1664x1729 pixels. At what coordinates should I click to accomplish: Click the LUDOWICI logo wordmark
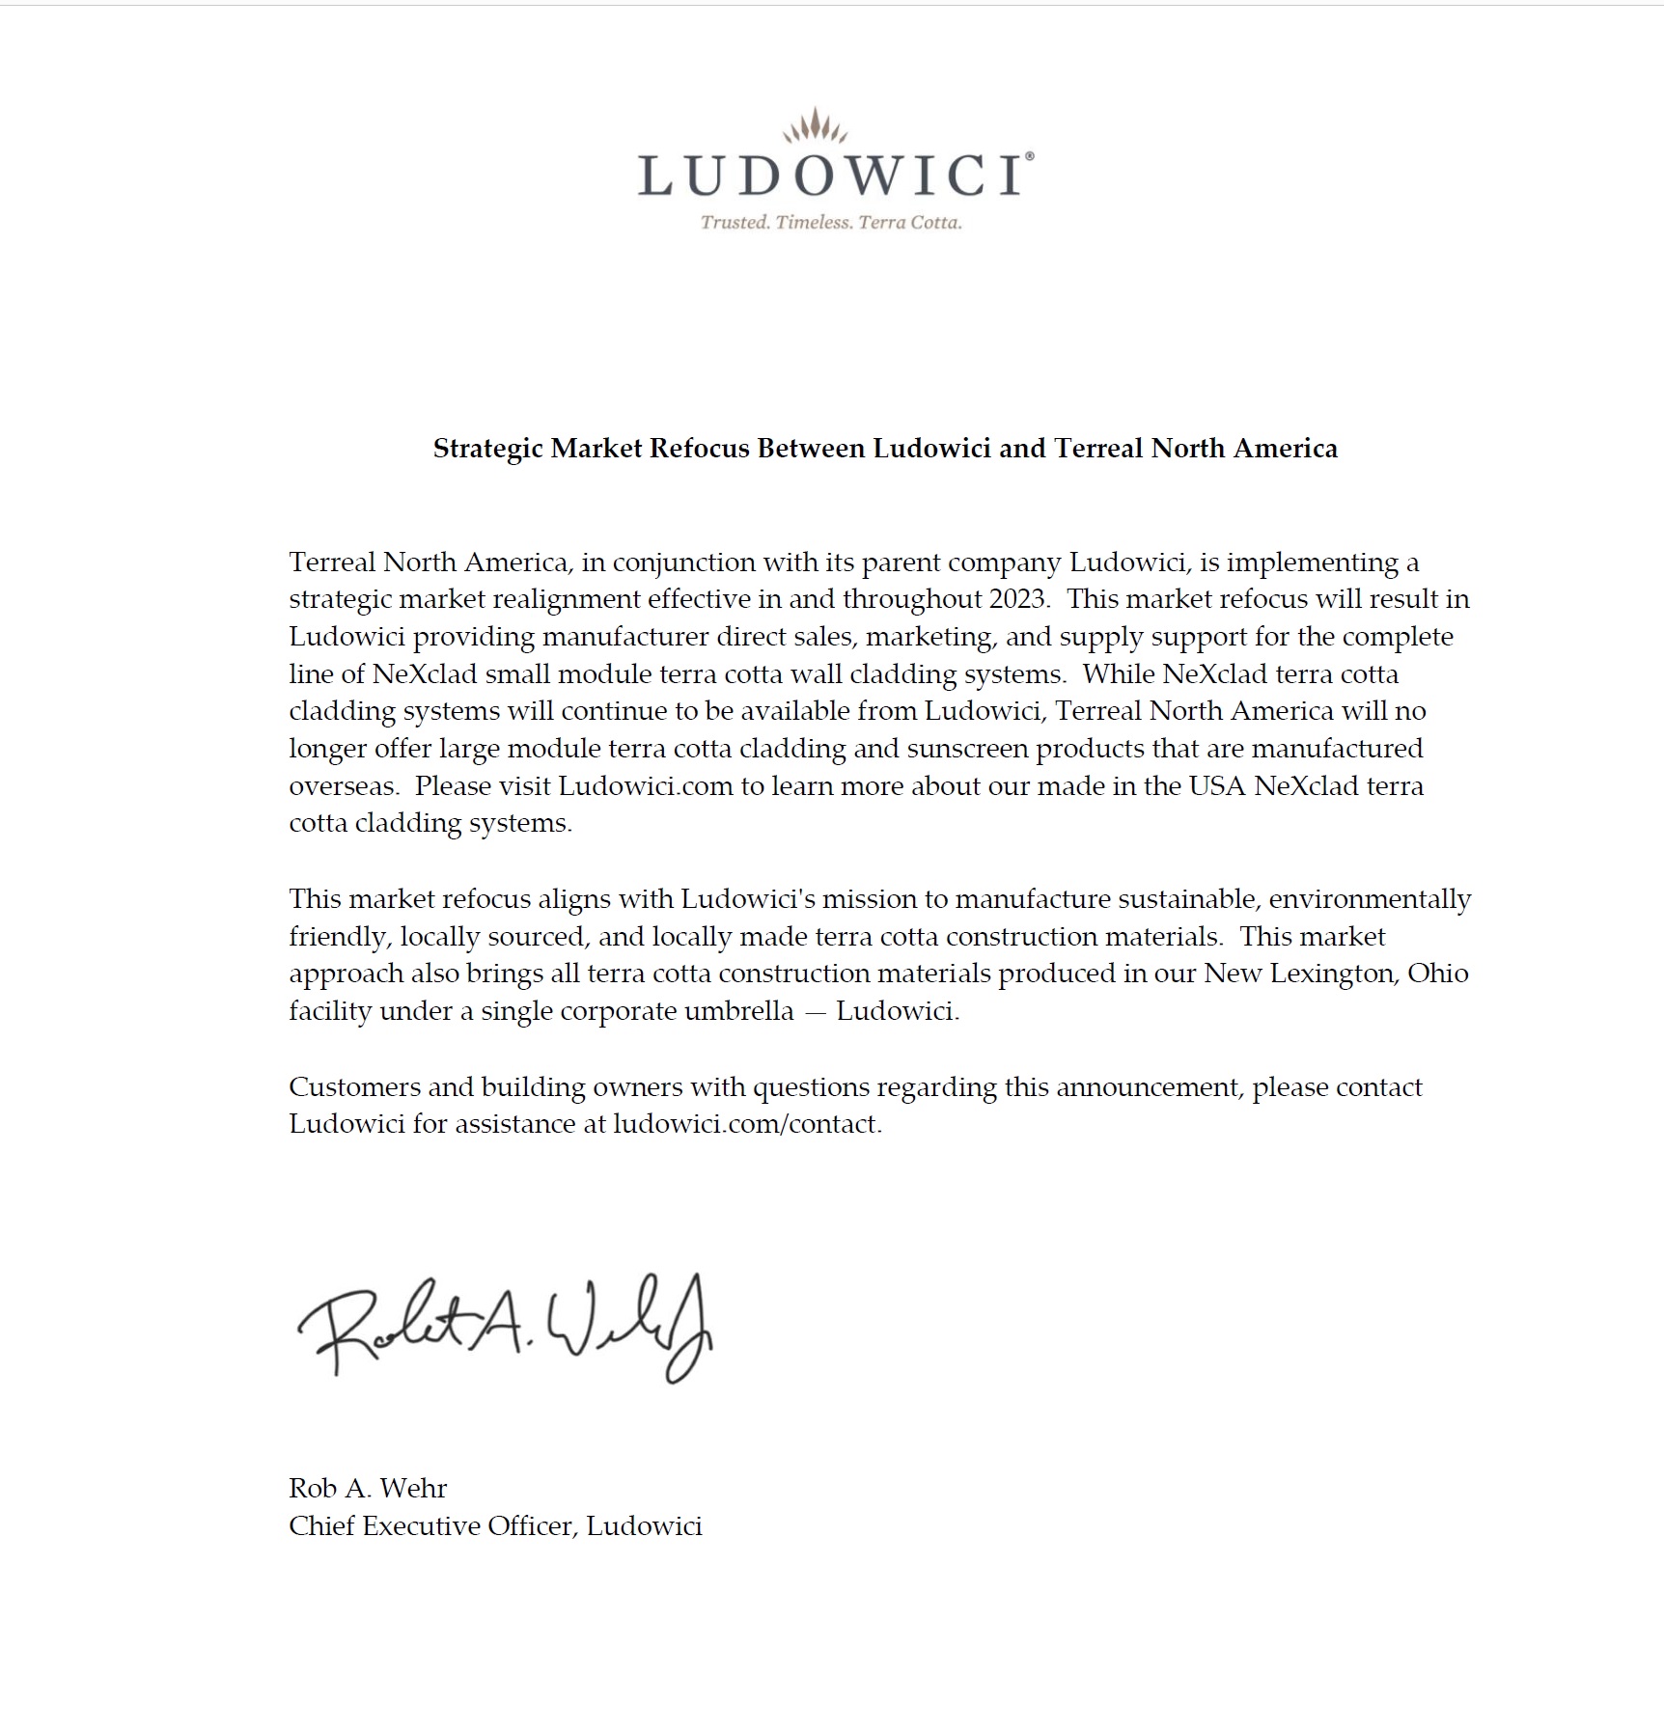tap(831, 177)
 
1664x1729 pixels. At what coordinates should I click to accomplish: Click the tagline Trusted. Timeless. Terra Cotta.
tap(831, 223)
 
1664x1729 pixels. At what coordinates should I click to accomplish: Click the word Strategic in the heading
tap(488, 449)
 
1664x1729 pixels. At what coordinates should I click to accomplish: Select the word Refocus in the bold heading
tap(701, 449)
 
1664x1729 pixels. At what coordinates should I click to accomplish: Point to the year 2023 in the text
tap(1017, 599)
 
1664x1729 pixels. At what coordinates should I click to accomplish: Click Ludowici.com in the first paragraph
tap(646, 786)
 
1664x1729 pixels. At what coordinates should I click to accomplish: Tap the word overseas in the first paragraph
tap(343, 786)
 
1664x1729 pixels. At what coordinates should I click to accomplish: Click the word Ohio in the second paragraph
tap(1437, 974)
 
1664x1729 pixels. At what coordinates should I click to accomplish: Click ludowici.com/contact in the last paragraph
tap(746, 1124)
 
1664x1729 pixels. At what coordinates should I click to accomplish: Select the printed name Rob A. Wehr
tap(368, 1488)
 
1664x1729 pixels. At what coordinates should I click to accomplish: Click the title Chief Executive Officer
tap(430, 1525)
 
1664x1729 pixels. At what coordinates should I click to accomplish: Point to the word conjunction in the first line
tap(684, 563)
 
